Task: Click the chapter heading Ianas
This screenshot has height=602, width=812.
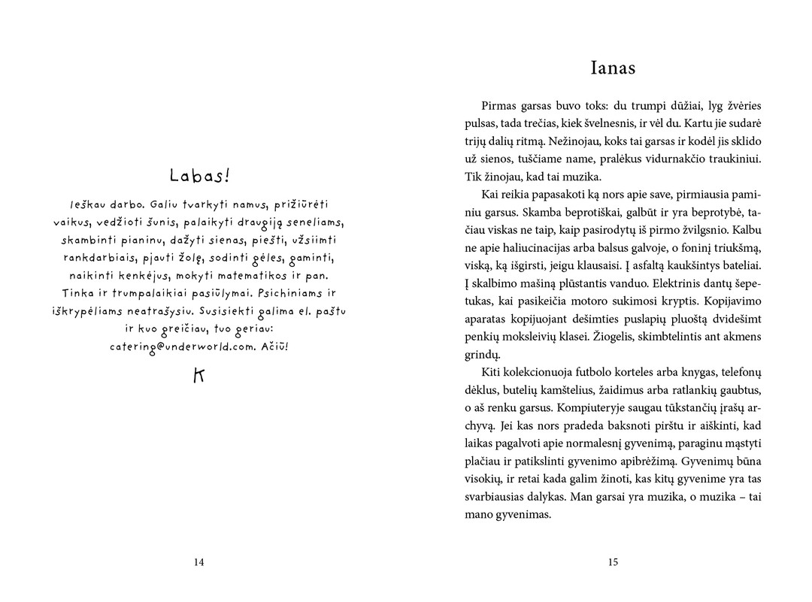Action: click(613, 68)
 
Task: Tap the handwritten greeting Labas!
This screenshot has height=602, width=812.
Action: click(199, 176)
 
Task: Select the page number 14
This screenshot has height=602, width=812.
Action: click(199, 561)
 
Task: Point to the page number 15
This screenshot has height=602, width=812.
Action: click(613, 561)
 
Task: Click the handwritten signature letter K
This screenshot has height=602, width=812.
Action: click(199, 376)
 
